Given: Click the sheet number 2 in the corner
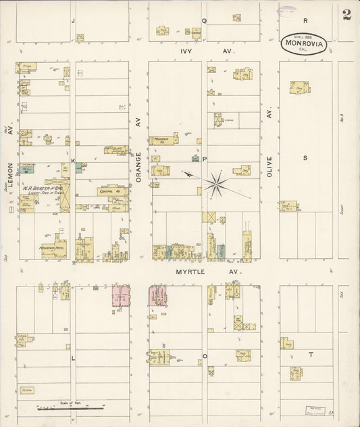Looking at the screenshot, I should pyautogui.click(x=346, y=15).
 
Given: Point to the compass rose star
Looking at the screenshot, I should pyautogui.click(x=217, y=183).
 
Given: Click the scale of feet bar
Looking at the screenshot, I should pyautogui.click(x=70, y=408).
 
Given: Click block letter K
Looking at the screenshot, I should pyautogui.click(x=74, y=161).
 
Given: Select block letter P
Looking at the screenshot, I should pyautogui.click(x=205, y=160).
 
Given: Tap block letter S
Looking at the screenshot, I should pyautogui.click(x=305, y=158).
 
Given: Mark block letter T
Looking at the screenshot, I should pyautogui.click(x=311, y=354).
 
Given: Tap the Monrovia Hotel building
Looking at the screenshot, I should pyautogui.click(x=52, y=247).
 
